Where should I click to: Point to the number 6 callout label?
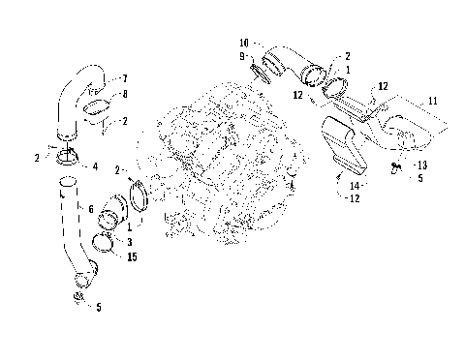[91, 209]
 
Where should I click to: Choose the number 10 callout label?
[244, 45]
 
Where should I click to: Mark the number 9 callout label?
[244, 57]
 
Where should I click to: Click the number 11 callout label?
[433, 101]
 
